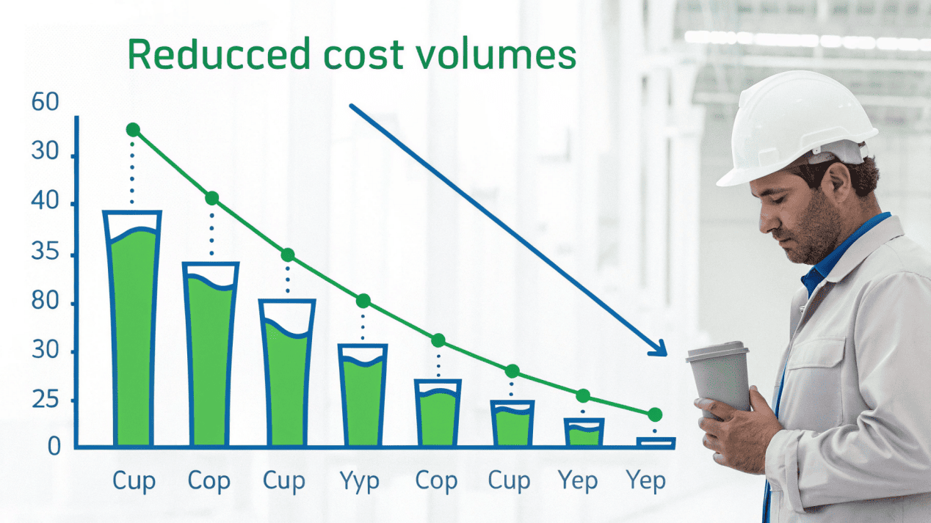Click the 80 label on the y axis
click(x=45, y=304)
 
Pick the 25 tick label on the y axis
click(x=45, y=401)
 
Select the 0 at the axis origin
click(x=54, y=446)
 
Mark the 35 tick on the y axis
click(x=45, y=255)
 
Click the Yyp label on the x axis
click(x=360, y=481)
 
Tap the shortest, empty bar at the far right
click(x=655, y=442)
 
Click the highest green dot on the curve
click(x=133, y=130)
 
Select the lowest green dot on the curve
click(x=655, y=414)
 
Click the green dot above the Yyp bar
click(x=363, y=301)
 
